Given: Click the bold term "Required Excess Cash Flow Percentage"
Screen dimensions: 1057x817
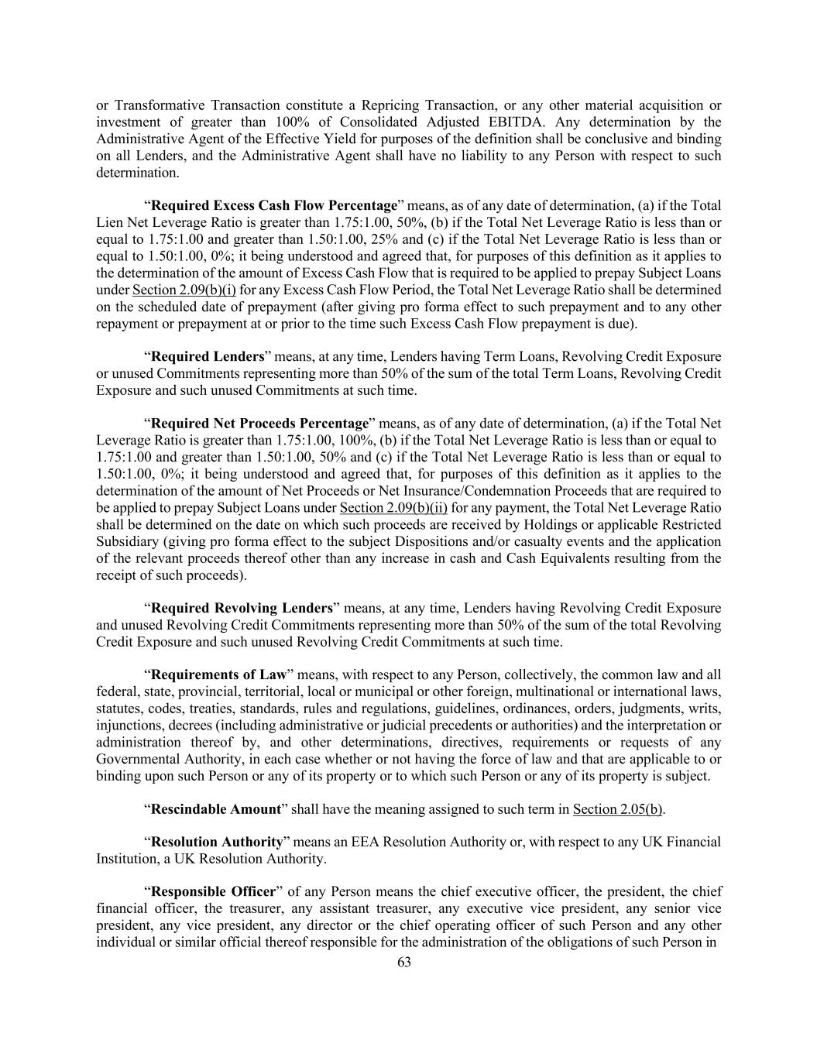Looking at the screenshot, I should (273, 206).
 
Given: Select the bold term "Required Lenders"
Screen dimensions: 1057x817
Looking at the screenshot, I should (208, 357).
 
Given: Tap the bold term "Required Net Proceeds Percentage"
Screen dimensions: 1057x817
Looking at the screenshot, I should (259, 424).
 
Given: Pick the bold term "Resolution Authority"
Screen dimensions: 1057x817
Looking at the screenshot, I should (217, 843).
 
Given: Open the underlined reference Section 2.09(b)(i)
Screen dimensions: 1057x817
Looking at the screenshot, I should (184, 290).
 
